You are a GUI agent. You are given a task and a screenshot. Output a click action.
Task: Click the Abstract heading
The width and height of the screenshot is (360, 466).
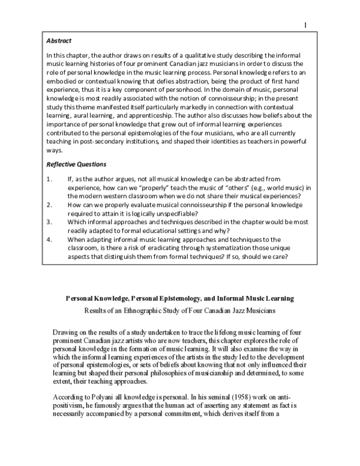[59, 41]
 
